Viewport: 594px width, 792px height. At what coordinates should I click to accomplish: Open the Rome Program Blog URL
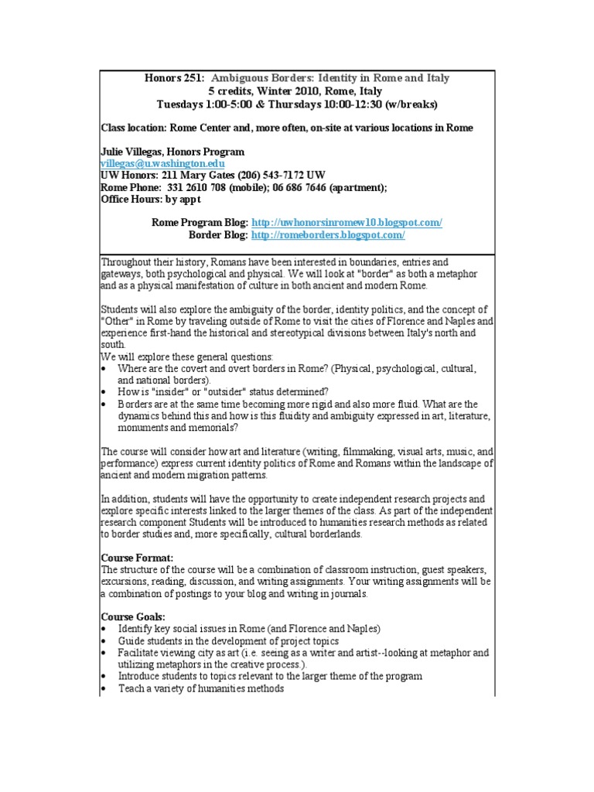(347, 222)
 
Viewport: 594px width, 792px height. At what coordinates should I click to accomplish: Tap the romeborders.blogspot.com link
(328, 234)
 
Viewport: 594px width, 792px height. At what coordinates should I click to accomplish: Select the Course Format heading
(138, 557)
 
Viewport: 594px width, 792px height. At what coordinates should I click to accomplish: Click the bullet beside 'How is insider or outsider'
(105, 392)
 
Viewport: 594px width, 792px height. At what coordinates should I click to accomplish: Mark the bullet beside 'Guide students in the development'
(105, 640)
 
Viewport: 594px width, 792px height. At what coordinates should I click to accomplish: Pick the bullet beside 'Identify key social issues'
(105, 628)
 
